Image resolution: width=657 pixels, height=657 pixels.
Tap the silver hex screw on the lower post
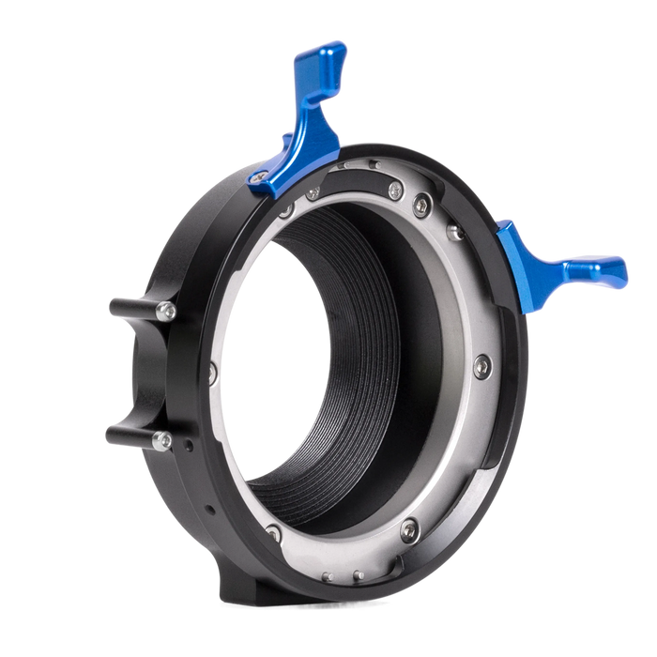click(x=162, y=440)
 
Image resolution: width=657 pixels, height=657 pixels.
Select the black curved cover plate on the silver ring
click(x=361, y=179)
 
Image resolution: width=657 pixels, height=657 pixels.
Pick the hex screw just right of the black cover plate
click(x=421, y=202)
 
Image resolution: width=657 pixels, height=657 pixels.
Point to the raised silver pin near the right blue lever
click(x=455, y=232)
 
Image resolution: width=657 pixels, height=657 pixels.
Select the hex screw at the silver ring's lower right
click(x=407, y=531)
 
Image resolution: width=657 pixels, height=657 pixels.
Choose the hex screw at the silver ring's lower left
click(x=273, y=534)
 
